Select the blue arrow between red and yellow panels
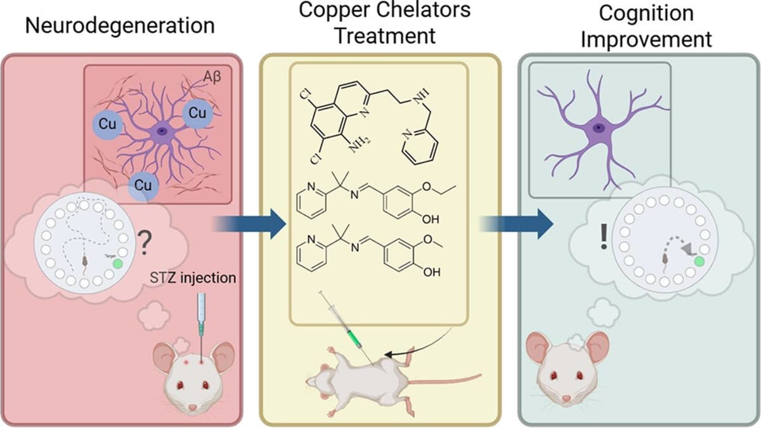(249, 223)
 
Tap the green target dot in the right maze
(699, 261)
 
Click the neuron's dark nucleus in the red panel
(162, 131)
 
